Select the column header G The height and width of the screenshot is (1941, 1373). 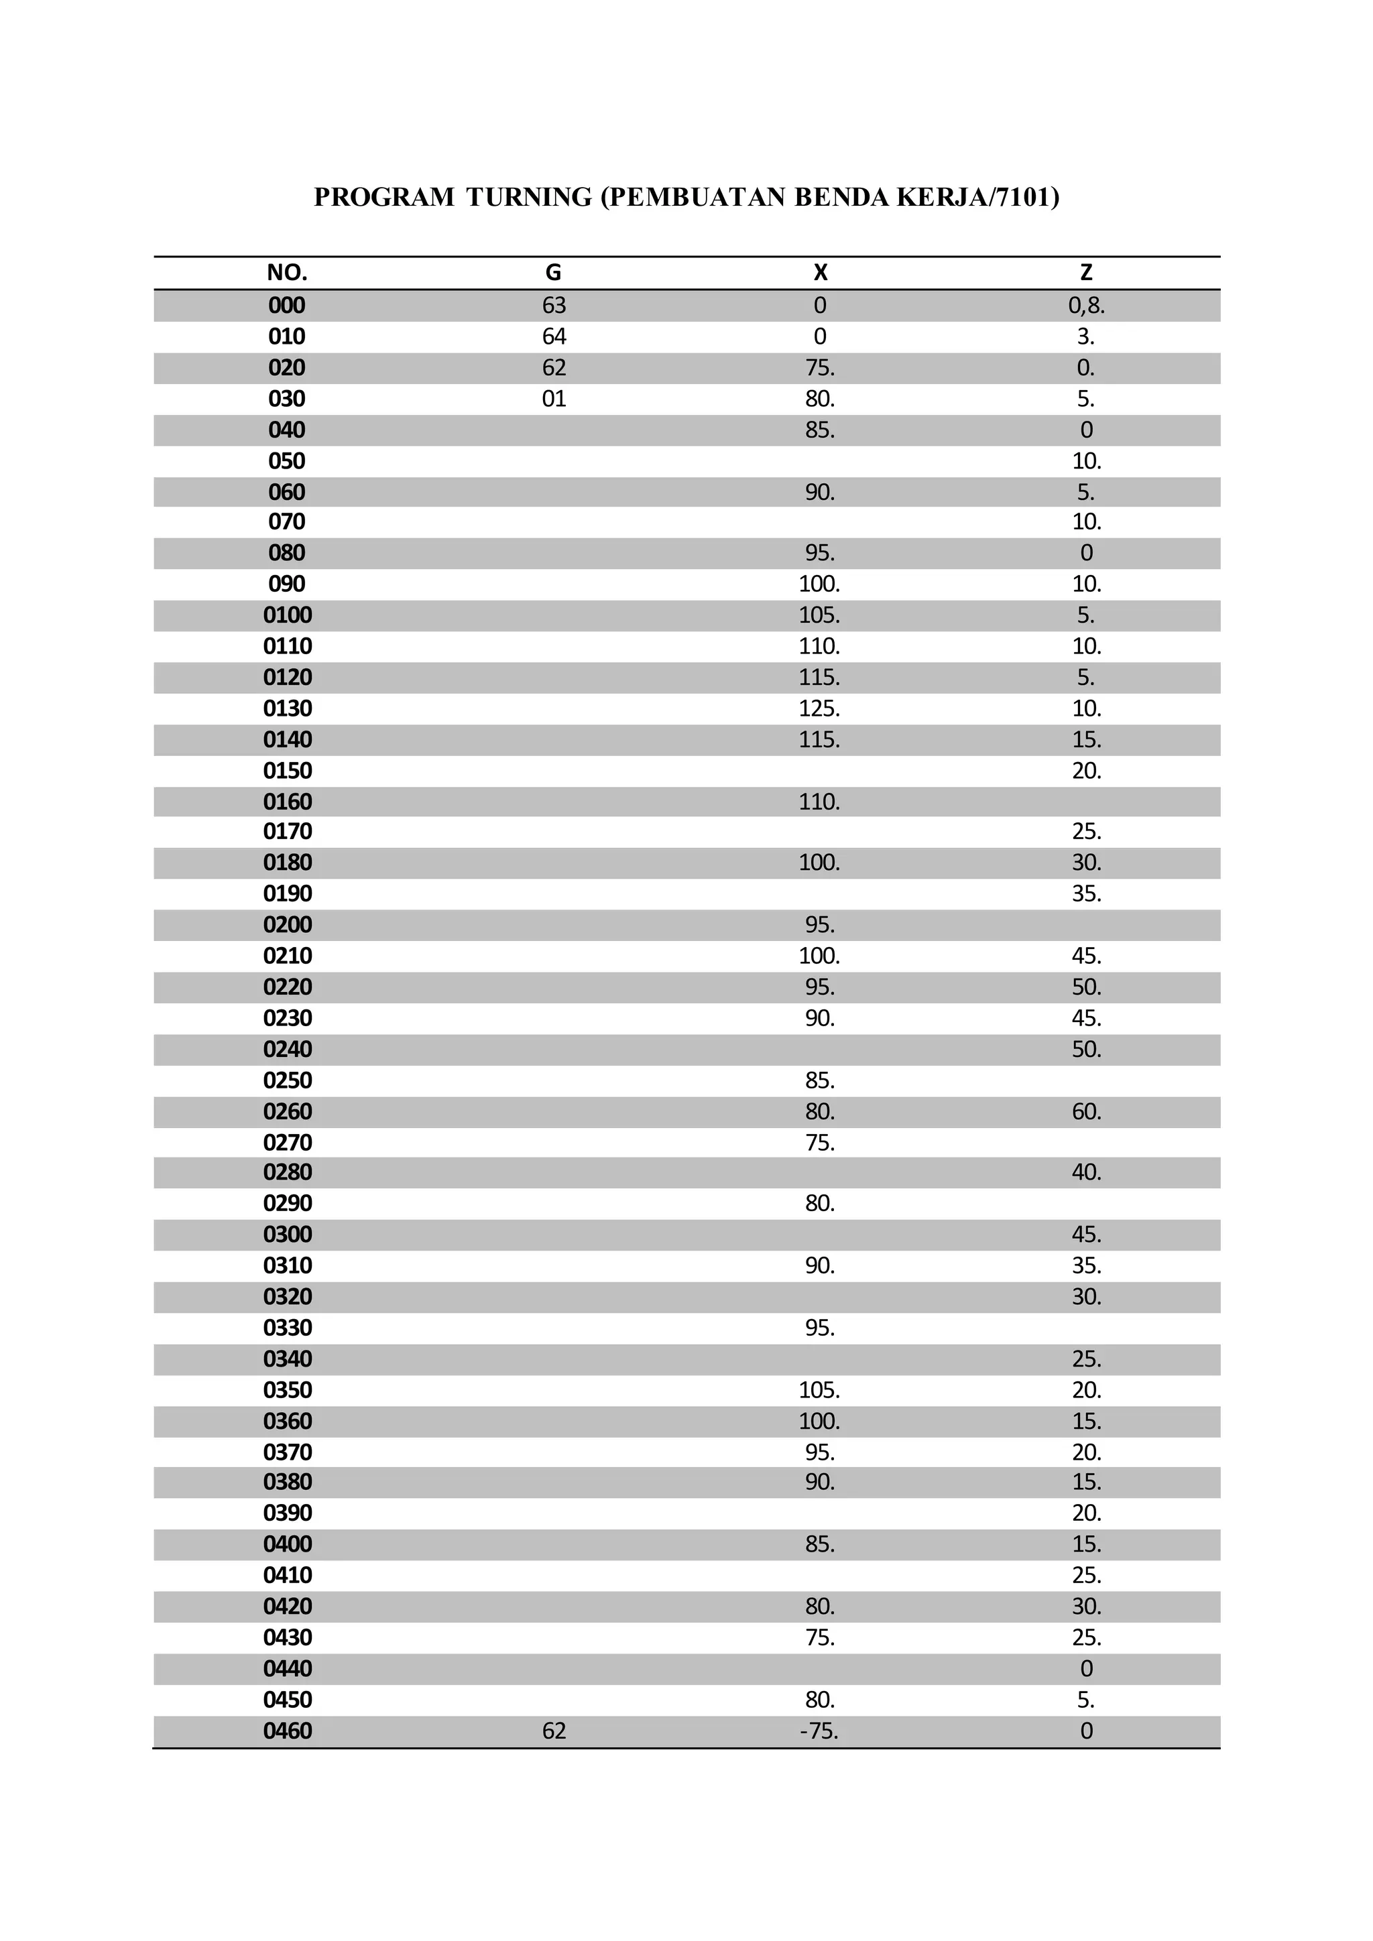pyautogui.click(x=553, y=272)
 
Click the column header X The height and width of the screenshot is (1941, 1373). pyautogui.click(x=820, y=272)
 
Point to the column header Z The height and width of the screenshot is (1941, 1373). pyautogui.click(x=1086, y=272)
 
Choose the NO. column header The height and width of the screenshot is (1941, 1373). pyautogui.click(x=287, y=272)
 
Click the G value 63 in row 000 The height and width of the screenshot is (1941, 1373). pyautogui.click(x=554, y=305)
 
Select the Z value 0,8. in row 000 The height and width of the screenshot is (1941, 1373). pyautogui.click(x=1086, y=305)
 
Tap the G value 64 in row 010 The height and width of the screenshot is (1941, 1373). pyautogui.click(x=554, y=336)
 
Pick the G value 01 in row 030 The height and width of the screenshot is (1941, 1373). pyautogui.click(x=554, y=399)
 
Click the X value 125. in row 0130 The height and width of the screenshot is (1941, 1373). pyautogui.click(x=819, y=708)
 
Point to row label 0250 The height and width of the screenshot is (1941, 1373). pyautogui.click(x=288, y=1080)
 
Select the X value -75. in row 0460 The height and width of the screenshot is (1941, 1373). pyautogui.click(x=819, y=1731)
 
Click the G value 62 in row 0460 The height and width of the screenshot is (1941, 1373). pyautogui.click(x=554, y=1731)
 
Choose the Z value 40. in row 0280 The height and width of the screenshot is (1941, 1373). pyautogui.click(x=1086, y=1172)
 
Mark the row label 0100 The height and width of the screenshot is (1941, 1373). pyautogui.click(x=288, y=615)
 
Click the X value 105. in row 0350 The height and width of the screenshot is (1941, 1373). pyautogui.click(x=819, y=1390)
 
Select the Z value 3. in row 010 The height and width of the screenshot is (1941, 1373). pyautogui.click(x=1085, y=336)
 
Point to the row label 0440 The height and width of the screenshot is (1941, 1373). pyautogui.click(x=288, y=1669)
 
